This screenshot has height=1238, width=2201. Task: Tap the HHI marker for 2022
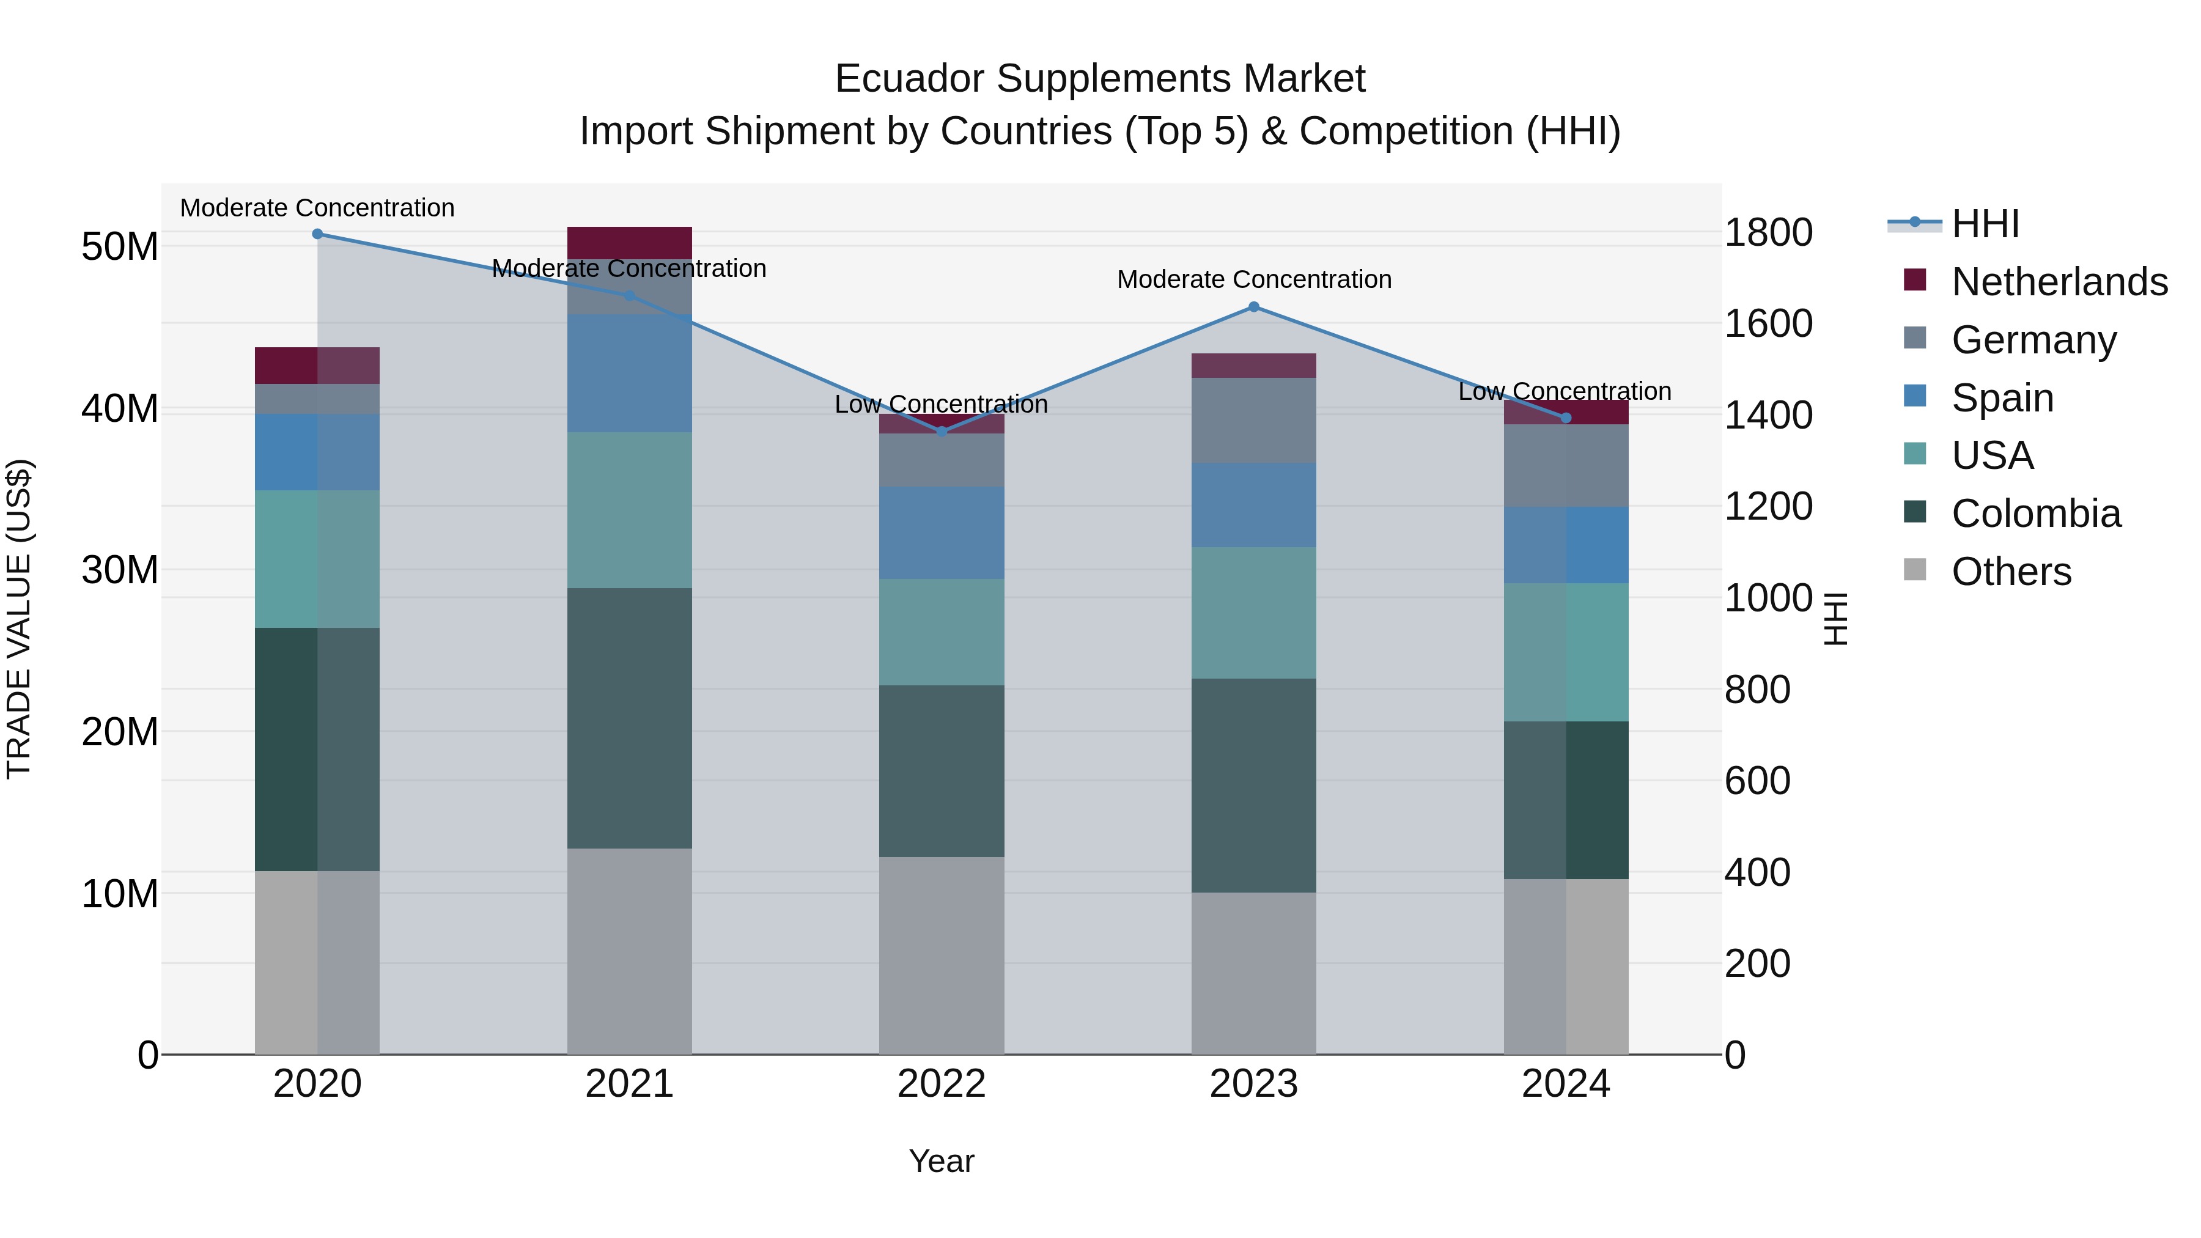(x=942, y=432)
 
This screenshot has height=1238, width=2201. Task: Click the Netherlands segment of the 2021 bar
(x=629, y=243)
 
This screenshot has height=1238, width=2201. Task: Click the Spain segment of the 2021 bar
(x=629, y=374)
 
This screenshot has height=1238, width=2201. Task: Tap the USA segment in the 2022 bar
(x=942, y=632)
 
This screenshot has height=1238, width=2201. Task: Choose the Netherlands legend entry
(x=2059, y=282)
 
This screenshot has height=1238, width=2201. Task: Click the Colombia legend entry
(x=2035, y=514)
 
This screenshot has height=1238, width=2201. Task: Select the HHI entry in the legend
(x=1985, y=224)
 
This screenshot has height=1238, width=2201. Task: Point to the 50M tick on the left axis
(x=120, y=247)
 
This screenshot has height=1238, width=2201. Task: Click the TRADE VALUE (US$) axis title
(x=19, y=619)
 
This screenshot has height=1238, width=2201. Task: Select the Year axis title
(x=942, y=1161)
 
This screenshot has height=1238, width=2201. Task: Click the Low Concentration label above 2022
(x=941, y=404)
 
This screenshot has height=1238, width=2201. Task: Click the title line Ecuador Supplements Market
(x=1100, y=79)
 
